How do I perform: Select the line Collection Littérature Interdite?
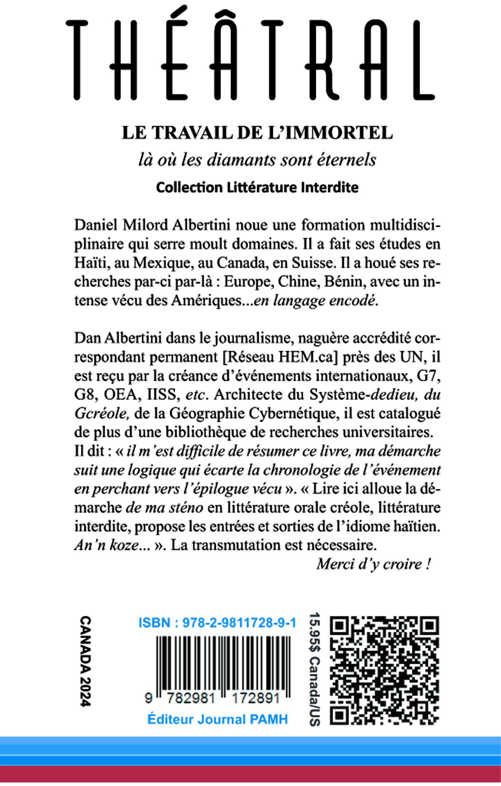point(257,187)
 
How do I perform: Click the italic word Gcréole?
point(102,414)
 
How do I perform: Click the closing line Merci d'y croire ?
point(373,564)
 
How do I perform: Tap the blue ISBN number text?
point(217,623)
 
